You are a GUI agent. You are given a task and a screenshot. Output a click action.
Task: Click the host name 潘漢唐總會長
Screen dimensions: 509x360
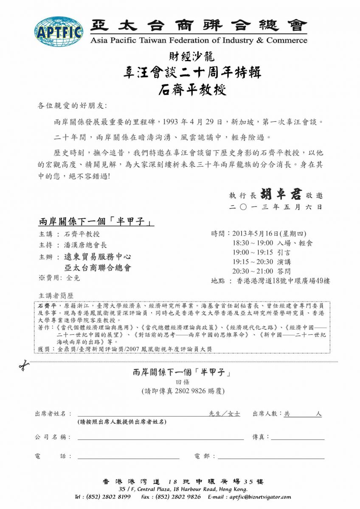[85, 245]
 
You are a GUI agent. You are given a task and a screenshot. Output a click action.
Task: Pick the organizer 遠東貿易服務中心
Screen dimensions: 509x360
[97, 257]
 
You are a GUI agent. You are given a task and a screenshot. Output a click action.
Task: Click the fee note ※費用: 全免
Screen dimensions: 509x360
[59, 278]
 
